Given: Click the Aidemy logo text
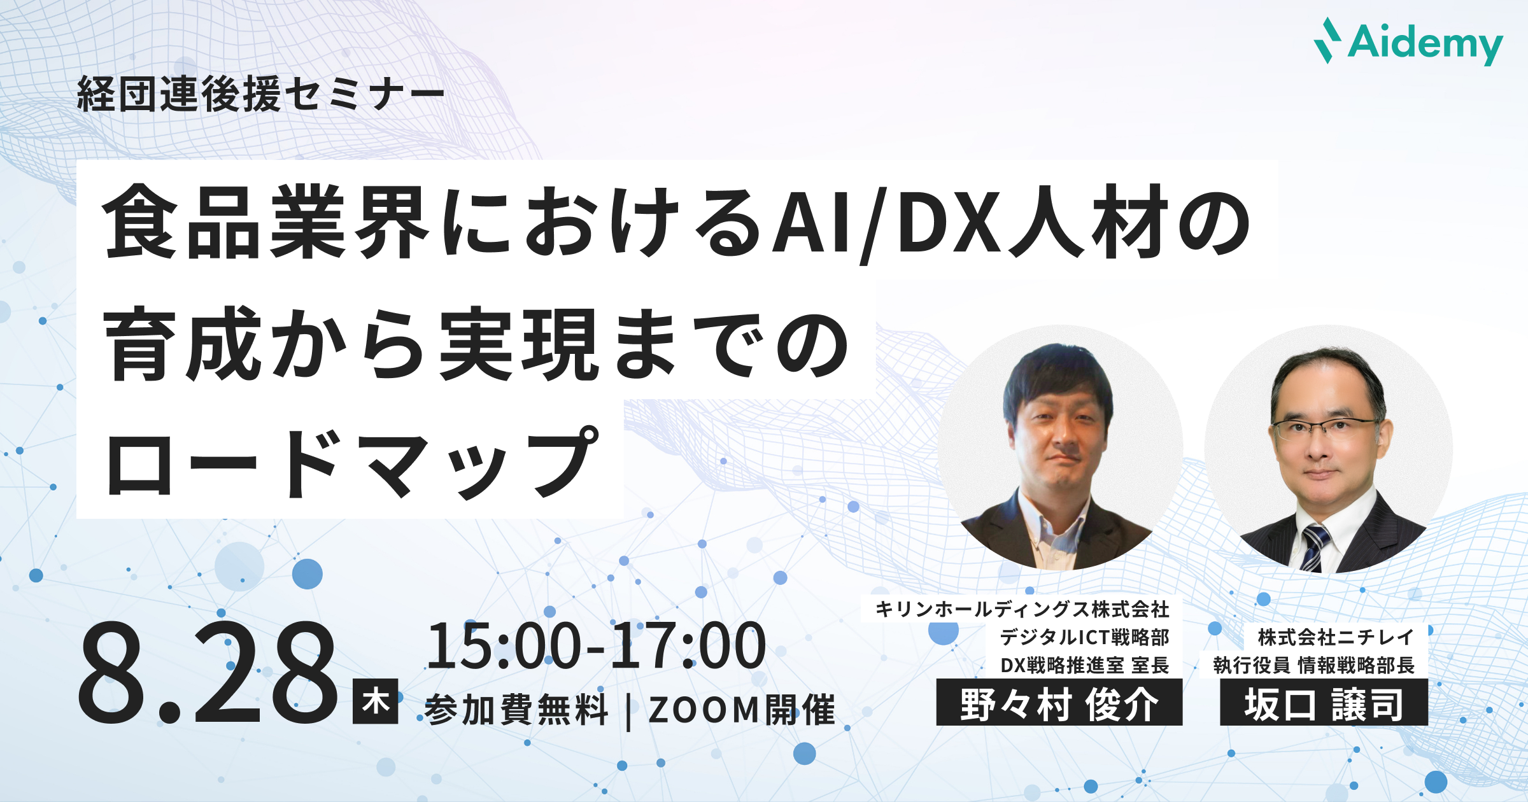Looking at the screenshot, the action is [1425, 44].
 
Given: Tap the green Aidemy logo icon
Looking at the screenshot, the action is [1327, 40].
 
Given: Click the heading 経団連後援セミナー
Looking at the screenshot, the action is [261, 95].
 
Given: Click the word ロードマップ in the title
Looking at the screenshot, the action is [353, 463].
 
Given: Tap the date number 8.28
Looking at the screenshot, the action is [208, 673].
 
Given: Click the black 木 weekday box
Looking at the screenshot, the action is [376, 701].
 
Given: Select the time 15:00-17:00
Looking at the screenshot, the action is [597, 646].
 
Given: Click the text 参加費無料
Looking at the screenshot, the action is [516, 710].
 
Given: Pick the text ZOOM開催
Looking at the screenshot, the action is [742, 710].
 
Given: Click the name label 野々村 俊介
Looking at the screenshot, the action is [1059, 703].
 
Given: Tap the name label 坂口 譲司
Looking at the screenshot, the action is [1324, 703].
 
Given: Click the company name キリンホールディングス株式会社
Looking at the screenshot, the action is [1022, 609].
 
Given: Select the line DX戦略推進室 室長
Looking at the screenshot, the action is [1085, 665].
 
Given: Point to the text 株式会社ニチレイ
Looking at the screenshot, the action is [1336, 637].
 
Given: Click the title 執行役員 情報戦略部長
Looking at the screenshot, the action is [1314, 665].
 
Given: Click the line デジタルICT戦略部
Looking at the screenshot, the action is [1085, 637].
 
